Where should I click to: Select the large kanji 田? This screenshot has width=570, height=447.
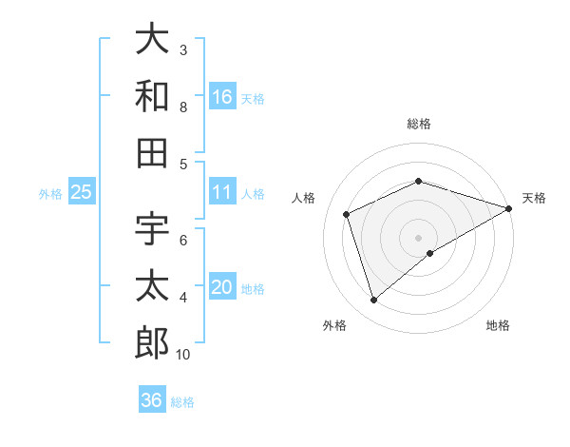152,152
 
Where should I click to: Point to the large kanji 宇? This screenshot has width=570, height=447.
152,229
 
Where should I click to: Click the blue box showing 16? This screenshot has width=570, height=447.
222,96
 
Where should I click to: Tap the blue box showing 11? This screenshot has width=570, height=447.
222,192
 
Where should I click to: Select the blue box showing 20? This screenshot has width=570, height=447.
222,287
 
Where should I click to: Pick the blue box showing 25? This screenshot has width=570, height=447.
81,192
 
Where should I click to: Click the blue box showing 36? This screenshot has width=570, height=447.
151,400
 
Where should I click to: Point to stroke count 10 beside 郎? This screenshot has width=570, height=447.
183,355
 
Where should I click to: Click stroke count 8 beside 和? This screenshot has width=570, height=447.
183,107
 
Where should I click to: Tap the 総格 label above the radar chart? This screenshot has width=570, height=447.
419,124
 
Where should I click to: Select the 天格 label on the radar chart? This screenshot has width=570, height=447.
534,198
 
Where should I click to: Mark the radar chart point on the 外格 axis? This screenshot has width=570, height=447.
373,301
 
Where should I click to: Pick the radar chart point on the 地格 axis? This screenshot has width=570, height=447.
430,253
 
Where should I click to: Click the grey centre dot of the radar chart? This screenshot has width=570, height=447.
419,237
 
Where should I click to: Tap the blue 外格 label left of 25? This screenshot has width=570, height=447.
50,193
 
